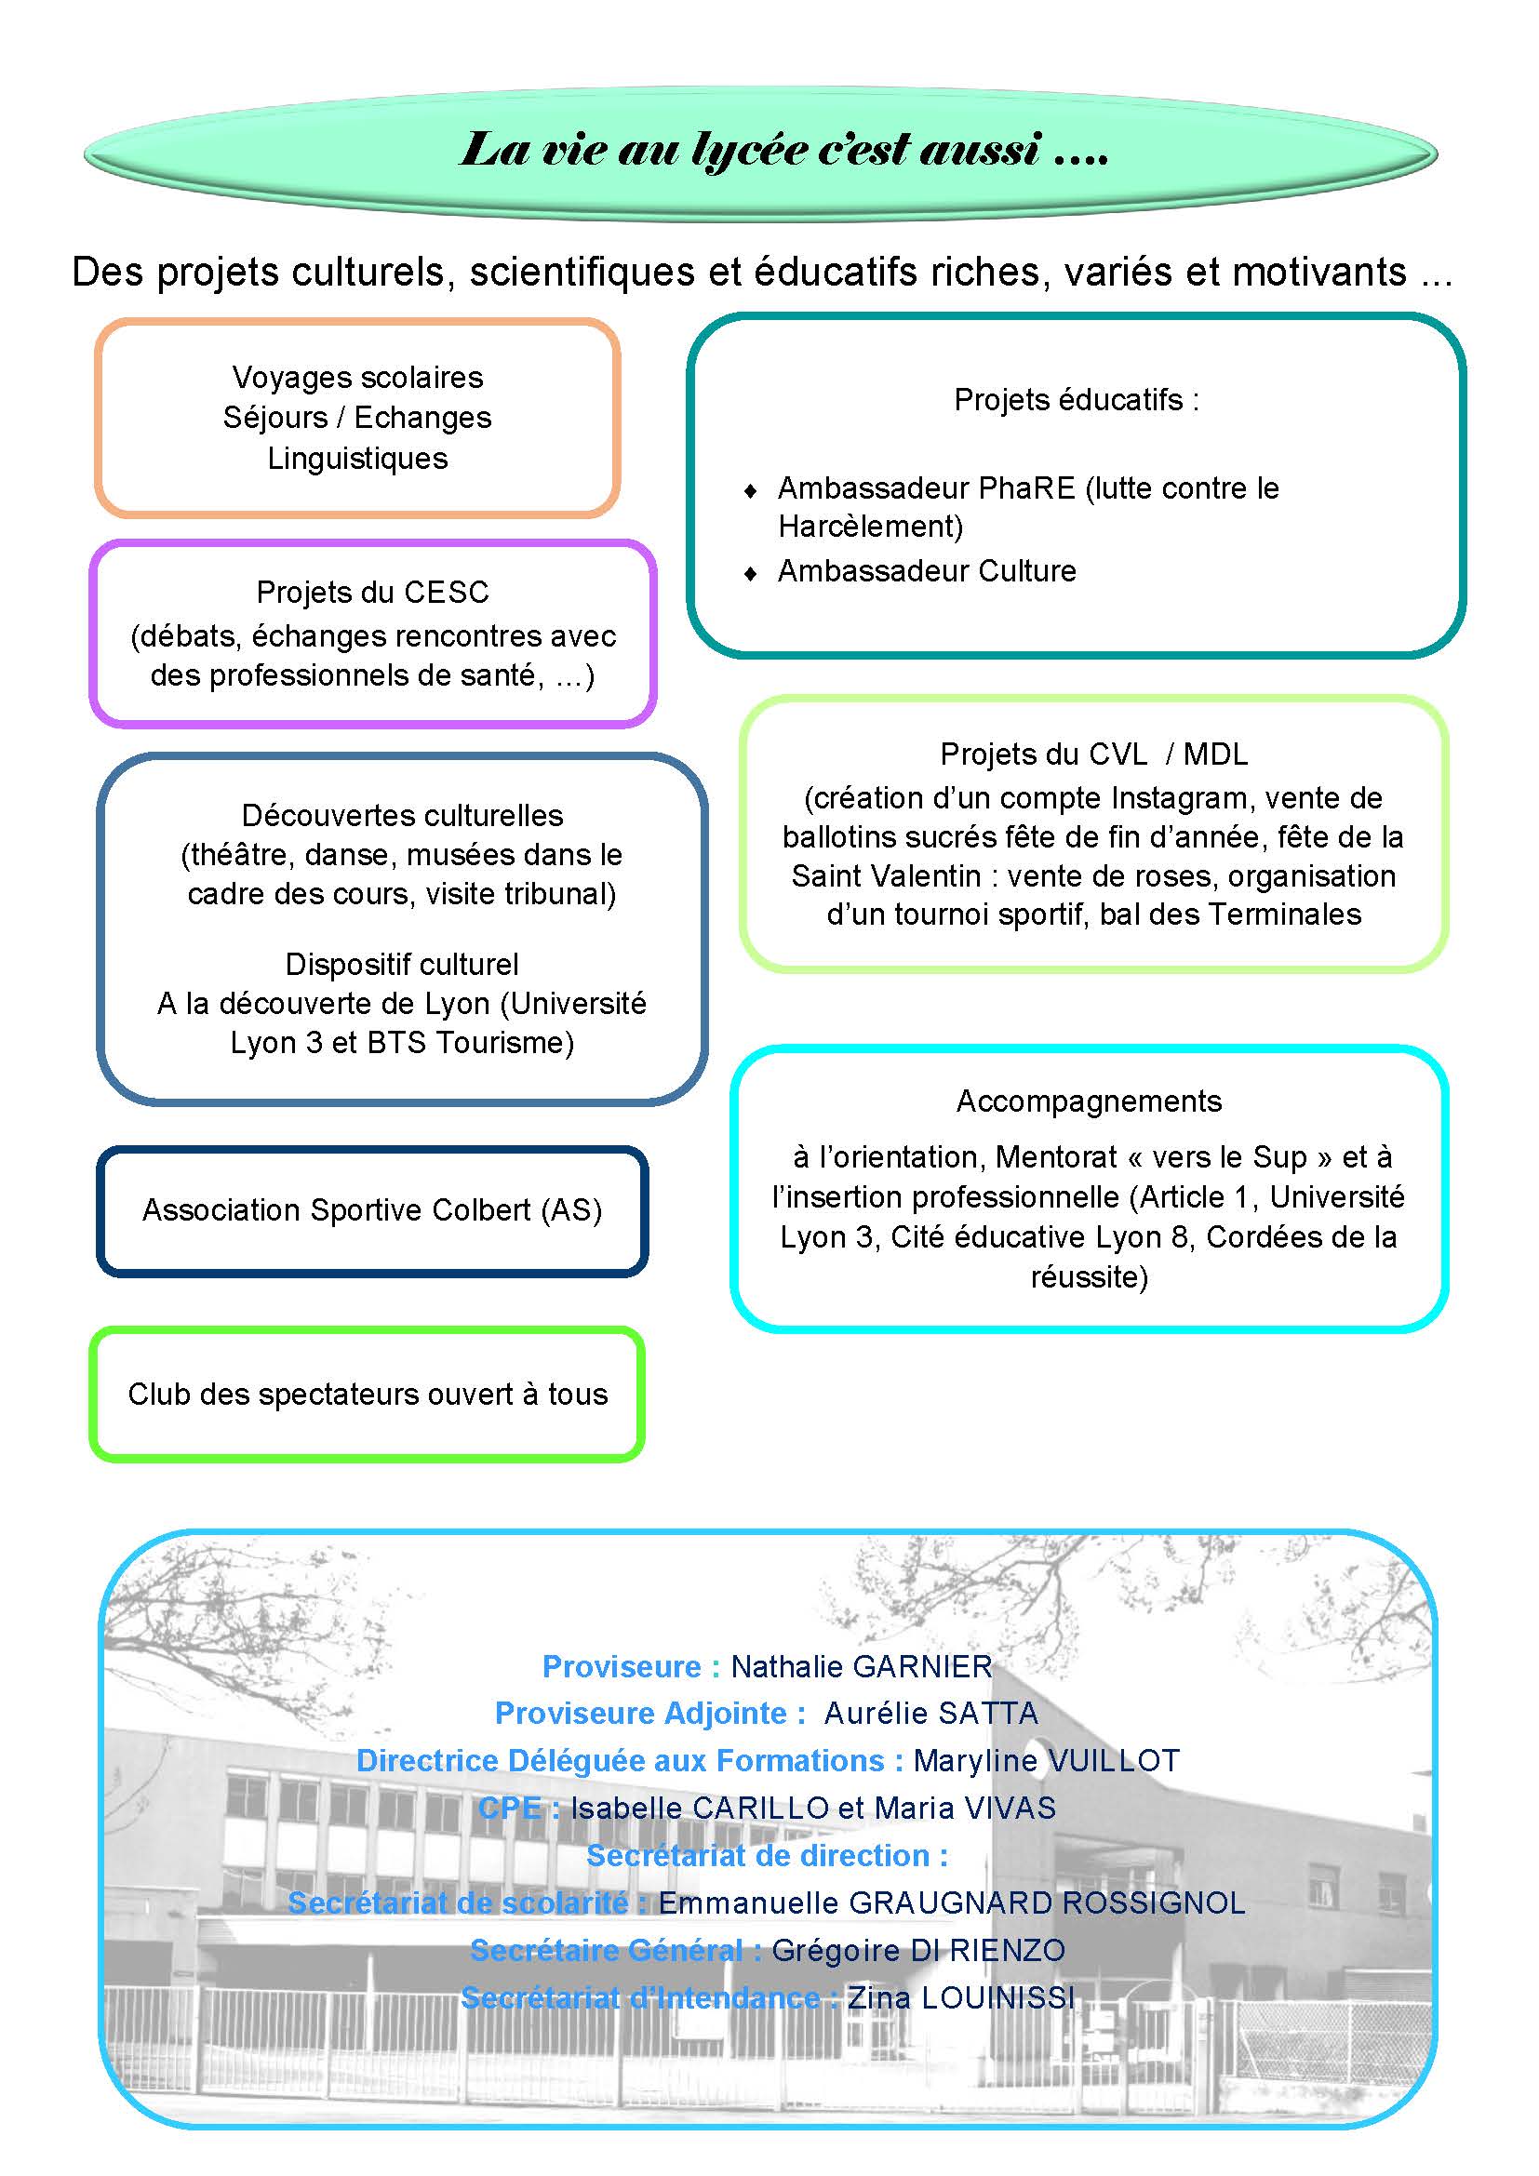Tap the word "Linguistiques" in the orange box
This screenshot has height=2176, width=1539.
357,459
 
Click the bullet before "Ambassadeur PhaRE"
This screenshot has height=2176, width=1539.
751,491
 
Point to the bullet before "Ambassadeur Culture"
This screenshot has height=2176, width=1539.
751,573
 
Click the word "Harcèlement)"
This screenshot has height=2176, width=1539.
870,527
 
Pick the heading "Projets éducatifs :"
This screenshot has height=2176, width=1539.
1076,400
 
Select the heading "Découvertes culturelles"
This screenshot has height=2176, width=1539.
402,815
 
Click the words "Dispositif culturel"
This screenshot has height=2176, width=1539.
402,965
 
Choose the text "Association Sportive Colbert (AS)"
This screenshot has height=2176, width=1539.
372,1210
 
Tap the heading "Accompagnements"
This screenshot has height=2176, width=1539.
1089,1101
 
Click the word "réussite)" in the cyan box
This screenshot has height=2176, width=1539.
1089,1277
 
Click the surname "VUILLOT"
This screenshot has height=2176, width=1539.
1114,1761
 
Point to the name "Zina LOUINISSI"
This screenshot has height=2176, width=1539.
961,1997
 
